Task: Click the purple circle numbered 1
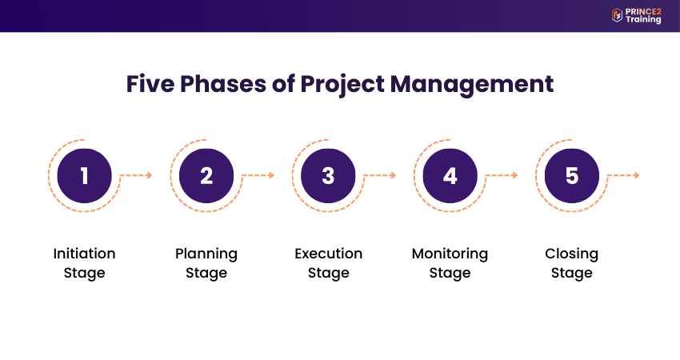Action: click(85, 176)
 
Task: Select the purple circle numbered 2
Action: click(206, 176)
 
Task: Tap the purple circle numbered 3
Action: click(328, 176)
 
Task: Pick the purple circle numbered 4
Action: click(450, 176)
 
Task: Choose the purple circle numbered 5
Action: click(572, 176)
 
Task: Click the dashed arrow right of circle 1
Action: click(136, 175)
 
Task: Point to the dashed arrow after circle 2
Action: click(258, 175)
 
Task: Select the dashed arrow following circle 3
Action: click(380, 175)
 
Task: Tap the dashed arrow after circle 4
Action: click(502, 175)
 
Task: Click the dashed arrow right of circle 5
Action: click(624, 175)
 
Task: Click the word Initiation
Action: click(85, 254)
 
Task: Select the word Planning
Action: click(206, 254)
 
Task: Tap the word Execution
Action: click(328, 254)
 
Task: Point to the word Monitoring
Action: click(450, 254)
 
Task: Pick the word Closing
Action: click(572, 254)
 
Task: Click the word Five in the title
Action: click(150, 84)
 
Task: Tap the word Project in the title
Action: click(342, 85)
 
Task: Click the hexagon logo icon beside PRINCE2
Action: click(617, 15)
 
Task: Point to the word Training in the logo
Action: click(643, 20)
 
